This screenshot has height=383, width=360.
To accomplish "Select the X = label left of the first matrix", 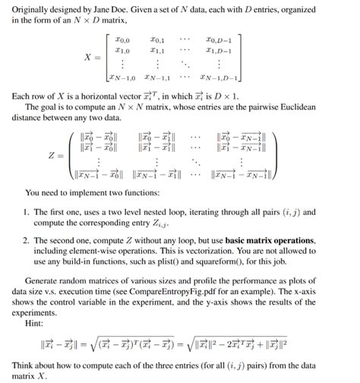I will point(90,56).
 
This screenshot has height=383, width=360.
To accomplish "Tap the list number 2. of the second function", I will point(27,240).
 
